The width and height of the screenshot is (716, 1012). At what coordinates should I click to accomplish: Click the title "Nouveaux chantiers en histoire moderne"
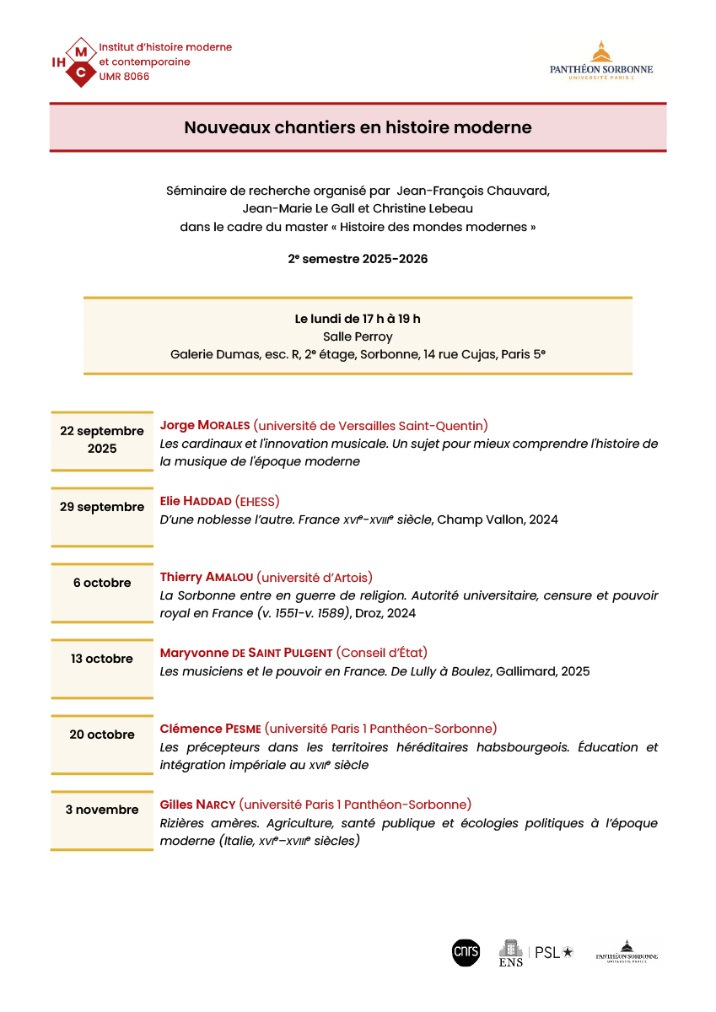[358, 127]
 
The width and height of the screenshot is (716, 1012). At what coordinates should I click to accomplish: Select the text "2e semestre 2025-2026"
[358, 259]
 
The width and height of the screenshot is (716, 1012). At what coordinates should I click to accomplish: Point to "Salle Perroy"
[358, 336]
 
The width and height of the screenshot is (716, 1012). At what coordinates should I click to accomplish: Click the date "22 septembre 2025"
[102, 439]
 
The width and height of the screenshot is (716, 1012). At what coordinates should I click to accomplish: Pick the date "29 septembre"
[102, 507]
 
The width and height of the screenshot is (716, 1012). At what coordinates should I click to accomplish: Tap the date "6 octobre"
[102, 583]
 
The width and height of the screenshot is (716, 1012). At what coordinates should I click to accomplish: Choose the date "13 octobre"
[102, 659]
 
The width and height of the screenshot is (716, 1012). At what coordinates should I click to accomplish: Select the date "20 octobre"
[102, 735]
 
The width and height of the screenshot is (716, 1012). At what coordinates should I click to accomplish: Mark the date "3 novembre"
[102, 810]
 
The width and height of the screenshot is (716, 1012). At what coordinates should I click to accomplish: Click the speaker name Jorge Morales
[205, 425]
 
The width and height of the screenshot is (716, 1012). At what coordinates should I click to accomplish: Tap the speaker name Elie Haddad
[196, 501]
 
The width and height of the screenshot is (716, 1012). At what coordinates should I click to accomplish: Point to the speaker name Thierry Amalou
[205, 577]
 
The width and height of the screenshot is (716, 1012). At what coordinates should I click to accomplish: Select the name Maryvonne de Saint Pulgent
[246, 653]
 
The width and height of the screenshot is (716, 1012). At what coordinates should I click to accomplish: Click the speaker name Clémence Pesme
[210, 729]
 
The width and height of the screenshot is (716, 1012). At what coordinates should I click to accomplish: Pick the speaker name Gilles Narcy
[197, 805]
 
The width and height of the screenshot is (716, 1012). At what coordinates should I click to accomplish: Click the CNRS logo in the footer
[466, 952]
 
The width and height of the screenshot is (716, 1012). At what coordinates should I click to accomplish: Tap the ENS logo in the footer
[511, 953]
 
